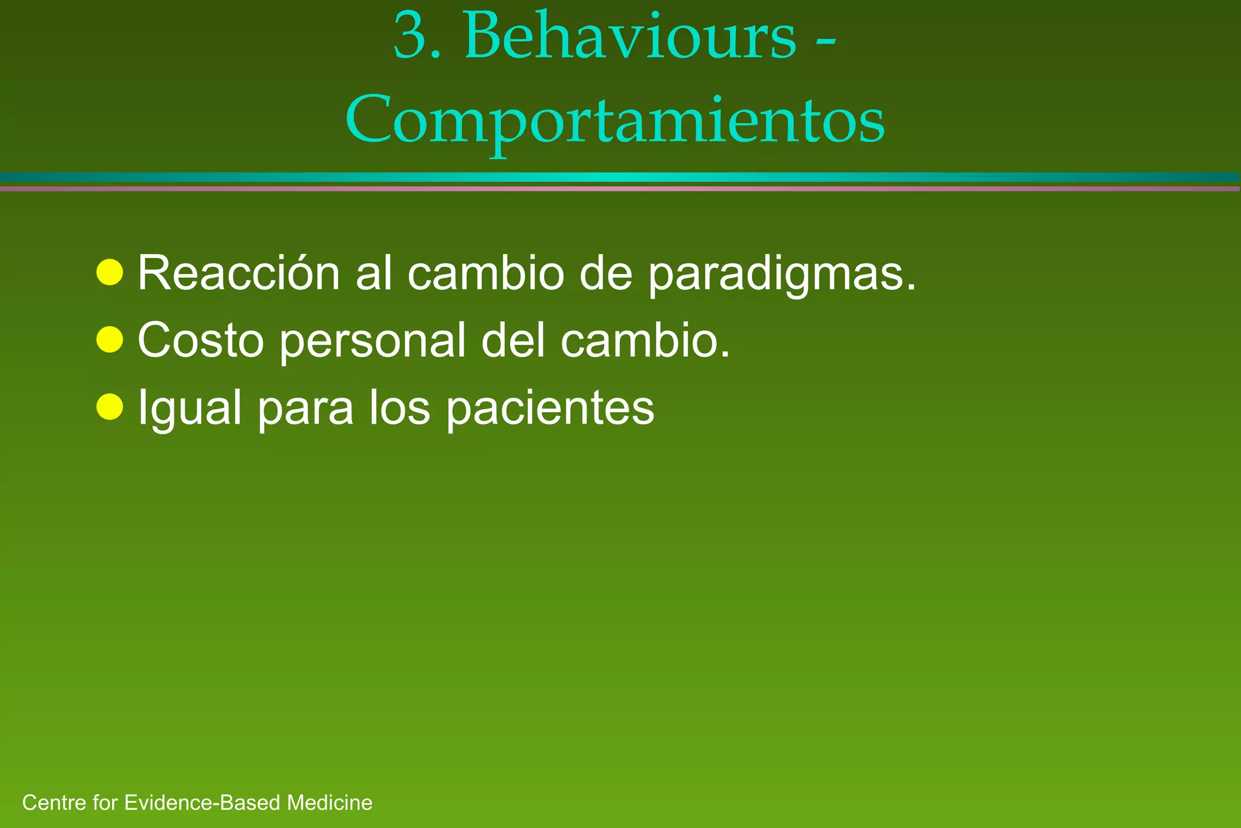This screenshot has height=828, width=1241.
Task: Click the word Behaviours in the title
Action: [x=630, y=38]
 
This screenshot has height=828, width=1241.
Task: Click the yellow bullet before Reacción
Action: [x=110, y=272]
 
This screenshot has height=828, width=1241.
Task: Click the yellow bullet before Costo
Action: [x=110, y=339]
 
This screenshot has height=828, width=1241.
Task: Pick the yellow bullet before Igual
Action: [x=110, y=406]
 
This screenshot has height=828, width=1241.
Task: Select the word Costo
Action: [x=201, y=340]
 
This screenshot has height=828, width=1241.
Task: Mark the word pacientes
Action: [x=550, y=407]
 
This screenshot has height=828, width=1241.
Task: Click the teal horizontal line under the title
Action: [x=620, y=177]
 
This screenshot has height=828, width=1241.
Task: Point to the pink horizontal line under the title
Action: [x=620, y=189]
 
